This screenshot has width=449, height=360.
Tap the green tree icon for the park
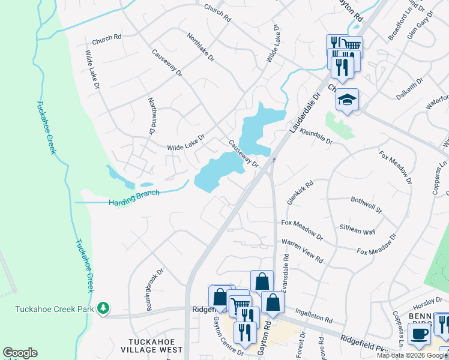104,307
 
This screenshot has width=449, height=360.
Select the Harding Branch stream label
134,198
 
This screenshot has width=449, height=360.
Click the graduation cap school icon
347,100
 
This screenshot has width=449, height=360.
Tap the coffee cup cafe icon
419,334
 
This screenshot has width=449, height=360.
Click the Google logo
20,353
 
